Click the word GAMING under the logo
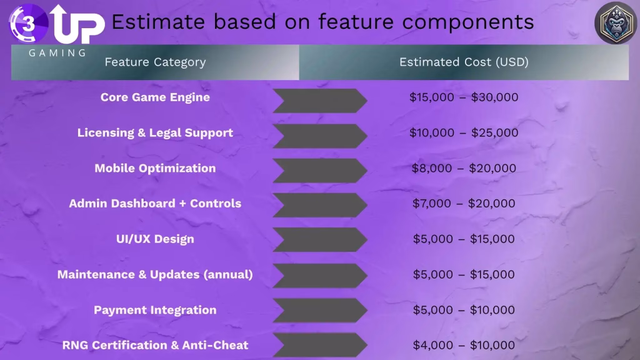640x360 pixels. pyautogui.click(x=57, y=53)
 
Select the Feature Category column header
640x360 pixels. pyautogui.click(x=155, y=62)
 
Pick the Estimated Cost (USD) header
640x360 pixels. pyautogui.click(x=464, y=62)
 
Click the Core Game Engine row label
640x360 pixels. pyautogui.click(x=155, y=97)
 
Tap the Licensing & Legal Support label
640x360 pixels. pyautogui.click(x=155, y=132)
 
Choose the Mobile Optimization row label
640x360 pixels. pyautogui.click(x=155, y=168)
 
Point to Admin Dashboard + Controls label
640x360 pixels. pyautogui.click(x=155, y=203)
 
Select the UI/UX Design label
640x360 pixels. pyautogui.click(x=155, y=239)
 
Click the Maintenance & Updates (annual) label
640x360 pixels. pyautogui.click(x=155, y=274)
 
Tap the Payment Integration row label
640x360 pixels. pyautogui.click(x=155, y=310)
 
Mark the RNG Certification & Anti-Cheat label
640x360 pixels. pyautogui.click(x=155, y=345)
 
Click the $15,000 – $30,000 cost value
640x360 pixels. pyautogui.click(x=464, y=97)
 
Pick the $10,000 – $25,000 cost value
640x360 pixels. pyautogui.click(x=464, y=132)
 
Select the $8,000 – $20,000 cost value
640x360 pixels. pyautogui.click(x=464, y=168)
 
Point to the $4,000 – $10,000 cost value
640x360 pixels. pyautogui.click(x=464, y=345)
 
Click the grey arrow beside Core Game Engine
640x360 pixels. pyautogui.click(x=319, y=101)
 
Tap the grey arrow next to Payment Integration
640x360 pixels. pyautogui.click(x=319, y=311)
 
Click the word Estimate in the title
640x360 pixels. pyautogui.click(x=157, y=22)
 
